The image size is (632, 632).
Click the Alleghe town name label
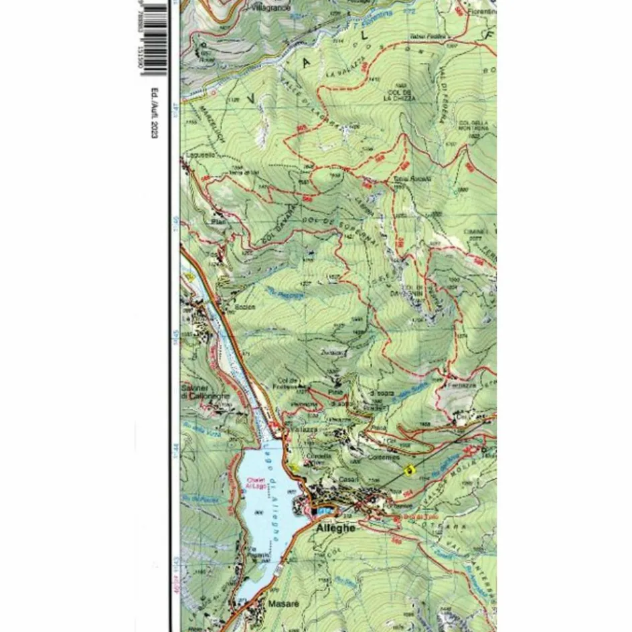click(x=334, y=528)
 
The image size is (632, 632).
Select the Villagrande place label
click(x=271, y=9)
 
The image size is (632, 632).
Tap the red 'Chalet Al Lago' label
click(x=256, y=483)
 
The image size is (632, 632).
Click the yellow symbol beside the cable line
click(x=410, y=470)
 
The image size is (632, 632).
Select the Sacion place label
click(x=245, y=307)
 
